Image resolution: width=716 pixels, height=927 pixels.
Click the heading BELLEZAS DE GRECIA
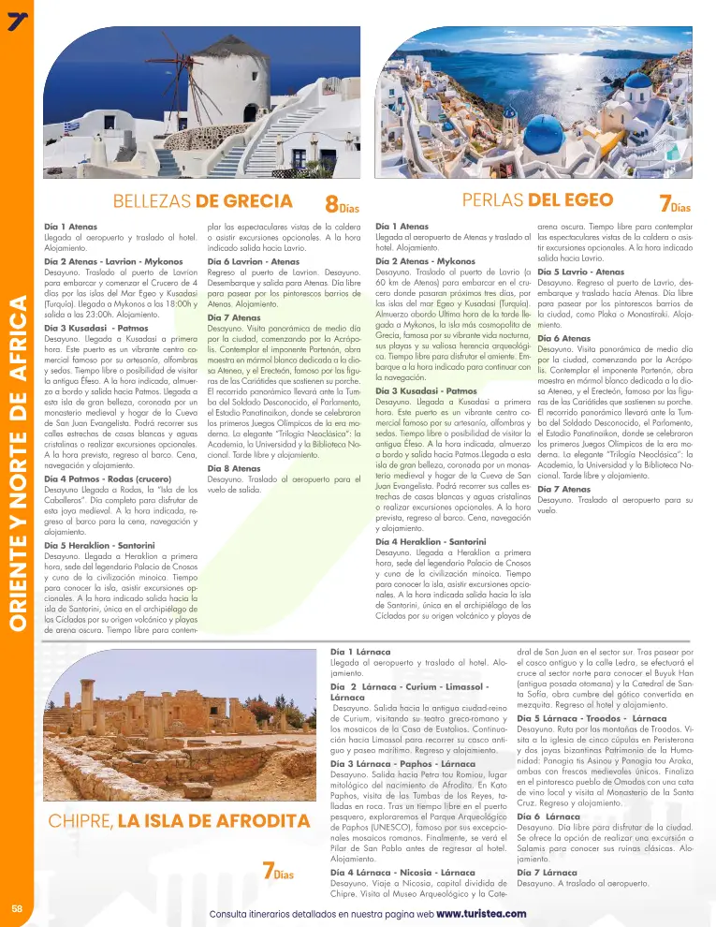202,200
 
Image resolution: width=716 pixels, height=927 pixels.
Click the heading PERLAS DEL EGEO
537,200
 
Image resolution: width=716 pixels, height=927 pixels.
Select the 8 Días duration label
342,203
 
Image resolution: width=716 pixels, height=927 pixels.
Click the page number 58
17,909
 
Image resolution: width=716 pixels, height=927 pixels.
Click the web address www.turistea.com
481,913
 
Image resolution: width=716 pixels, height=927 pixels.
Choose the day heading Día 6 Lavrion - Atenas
253,261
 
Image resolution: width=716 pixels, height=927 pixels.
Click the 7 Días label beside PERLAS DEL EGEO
675,203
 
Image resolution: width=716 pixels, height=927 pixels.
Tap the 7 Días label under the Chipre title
278,873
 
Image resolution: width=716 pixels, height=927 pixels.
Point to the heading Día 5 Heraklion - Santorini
99,544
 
